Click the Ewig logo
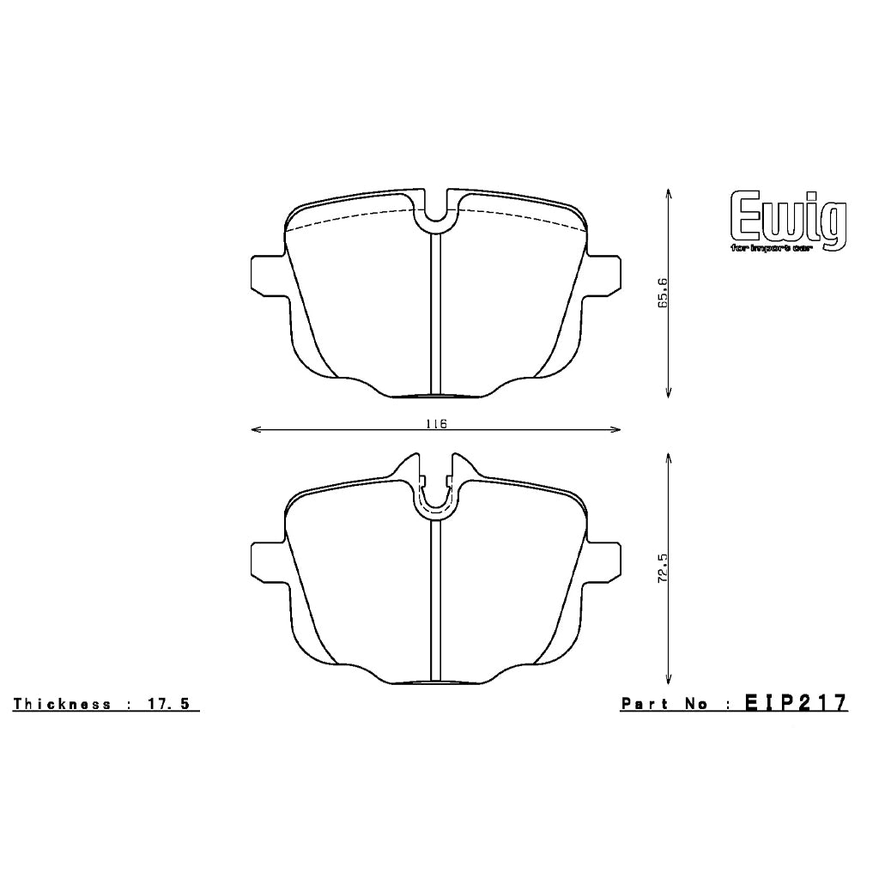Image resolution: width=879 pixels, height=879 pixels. pyautogui.click(x=787, y=221)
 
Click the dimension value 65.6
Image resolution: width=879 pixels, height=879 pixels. pyautogui.click(x=663, y=294)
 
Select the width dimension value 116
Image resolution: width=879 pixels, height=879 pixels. pyautogui.click(x=436, y=423)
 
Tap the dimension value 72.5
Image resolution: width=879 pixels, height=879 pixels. pyautogui.click(x=663, y=568)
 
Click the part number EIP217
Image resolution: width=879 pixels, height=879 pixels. pyautogui.click(x=796, y=703)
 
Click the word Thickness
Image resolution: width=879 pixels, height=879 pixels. pyautogui.click(x=62, y=704)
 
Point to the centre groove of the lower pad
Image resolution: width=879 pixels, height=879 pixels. pyautogui.click(x=435, y=601)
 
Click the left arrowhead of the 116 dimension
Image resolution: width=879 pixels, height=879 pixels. pyautogui.click(x=253, y=429)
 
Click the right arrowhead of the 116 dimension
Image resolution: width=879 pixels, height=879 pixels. pyautogui.click(x=617, y=429)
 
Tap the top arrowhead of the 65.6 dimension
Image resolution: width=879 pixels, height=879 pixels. pyautogui.click(x=669, y=194)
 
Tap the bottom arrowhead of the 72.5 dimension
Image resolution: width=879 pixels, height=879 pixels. pyautogui.click(x=669, y=679)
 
